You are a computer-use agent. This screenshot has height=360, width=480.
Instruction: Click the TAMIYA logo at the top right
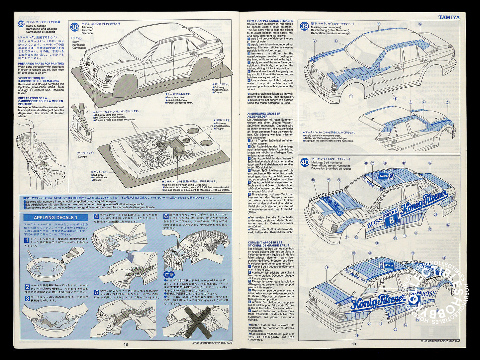(449, 17)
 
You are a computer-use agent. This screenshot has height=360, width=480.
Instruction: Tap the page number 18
(126, 344)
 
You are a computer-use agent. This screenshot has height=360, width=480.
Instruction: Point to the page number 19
(354, 344)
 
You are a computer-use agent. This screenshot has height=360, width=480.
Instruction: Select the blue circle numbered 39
(304, 26)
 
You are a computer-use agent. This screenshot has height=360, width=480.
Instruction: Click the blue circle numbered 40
(304, 162)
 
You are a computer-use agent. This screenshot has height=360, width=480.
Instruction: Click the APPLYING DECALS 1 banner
(55, 218)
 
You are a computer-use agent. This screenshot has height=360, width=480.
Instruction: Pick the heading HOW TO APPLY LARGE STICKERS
(270, 21)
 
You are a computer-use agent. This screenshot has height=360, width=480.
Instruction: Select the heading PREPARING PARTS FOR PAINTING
(41, 63)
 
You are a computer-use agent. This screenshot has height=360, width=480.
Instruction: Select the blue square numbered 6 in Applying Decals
(166, 216)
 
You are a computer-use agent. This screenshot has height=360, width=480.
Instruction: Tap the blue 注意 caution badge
(169, 275)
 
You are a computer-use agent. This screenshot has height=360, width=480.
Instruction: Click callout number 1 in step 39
(350, 96)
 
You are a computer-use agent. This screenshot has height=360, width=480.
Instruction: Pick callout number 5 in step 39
(420, 24)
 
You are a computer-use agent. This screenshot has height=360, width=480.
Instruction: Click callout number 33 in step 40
(353, 253)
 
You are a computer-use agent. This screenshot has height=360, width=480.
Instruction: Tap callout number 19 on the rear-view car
(327, 267)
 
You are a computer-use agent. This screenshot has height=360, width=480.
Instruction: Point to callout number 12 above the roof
(404, 163)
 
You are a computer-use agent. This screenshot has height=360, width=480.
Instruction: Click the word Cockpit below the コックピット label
(82, 156)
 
